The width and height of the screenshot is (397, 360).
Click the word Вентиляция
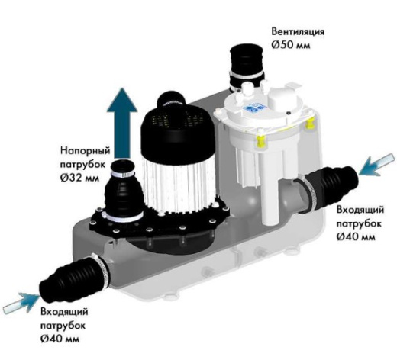tap(298, 32)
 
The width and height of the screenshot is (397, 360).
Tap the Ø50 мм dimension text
tap(291, 45)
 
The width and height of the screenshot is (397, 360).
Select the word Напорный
tap(86, 151)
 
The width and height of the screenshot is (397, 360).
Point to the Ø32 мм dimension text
tap(79, 178)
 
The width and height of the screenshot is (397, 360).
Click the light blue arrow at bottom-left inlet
tap(21, 304)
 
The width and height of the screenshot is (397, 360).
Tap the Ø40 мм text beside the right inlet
tap(356, 236)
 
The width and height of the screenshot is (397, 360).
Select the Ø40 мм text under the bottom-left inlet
tap(60, 339)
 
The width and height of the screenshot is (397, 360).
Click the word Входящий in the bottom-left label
tap(64, 312)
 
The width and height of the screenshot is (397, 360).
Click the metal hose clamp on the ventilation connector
tap(246, 76)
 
